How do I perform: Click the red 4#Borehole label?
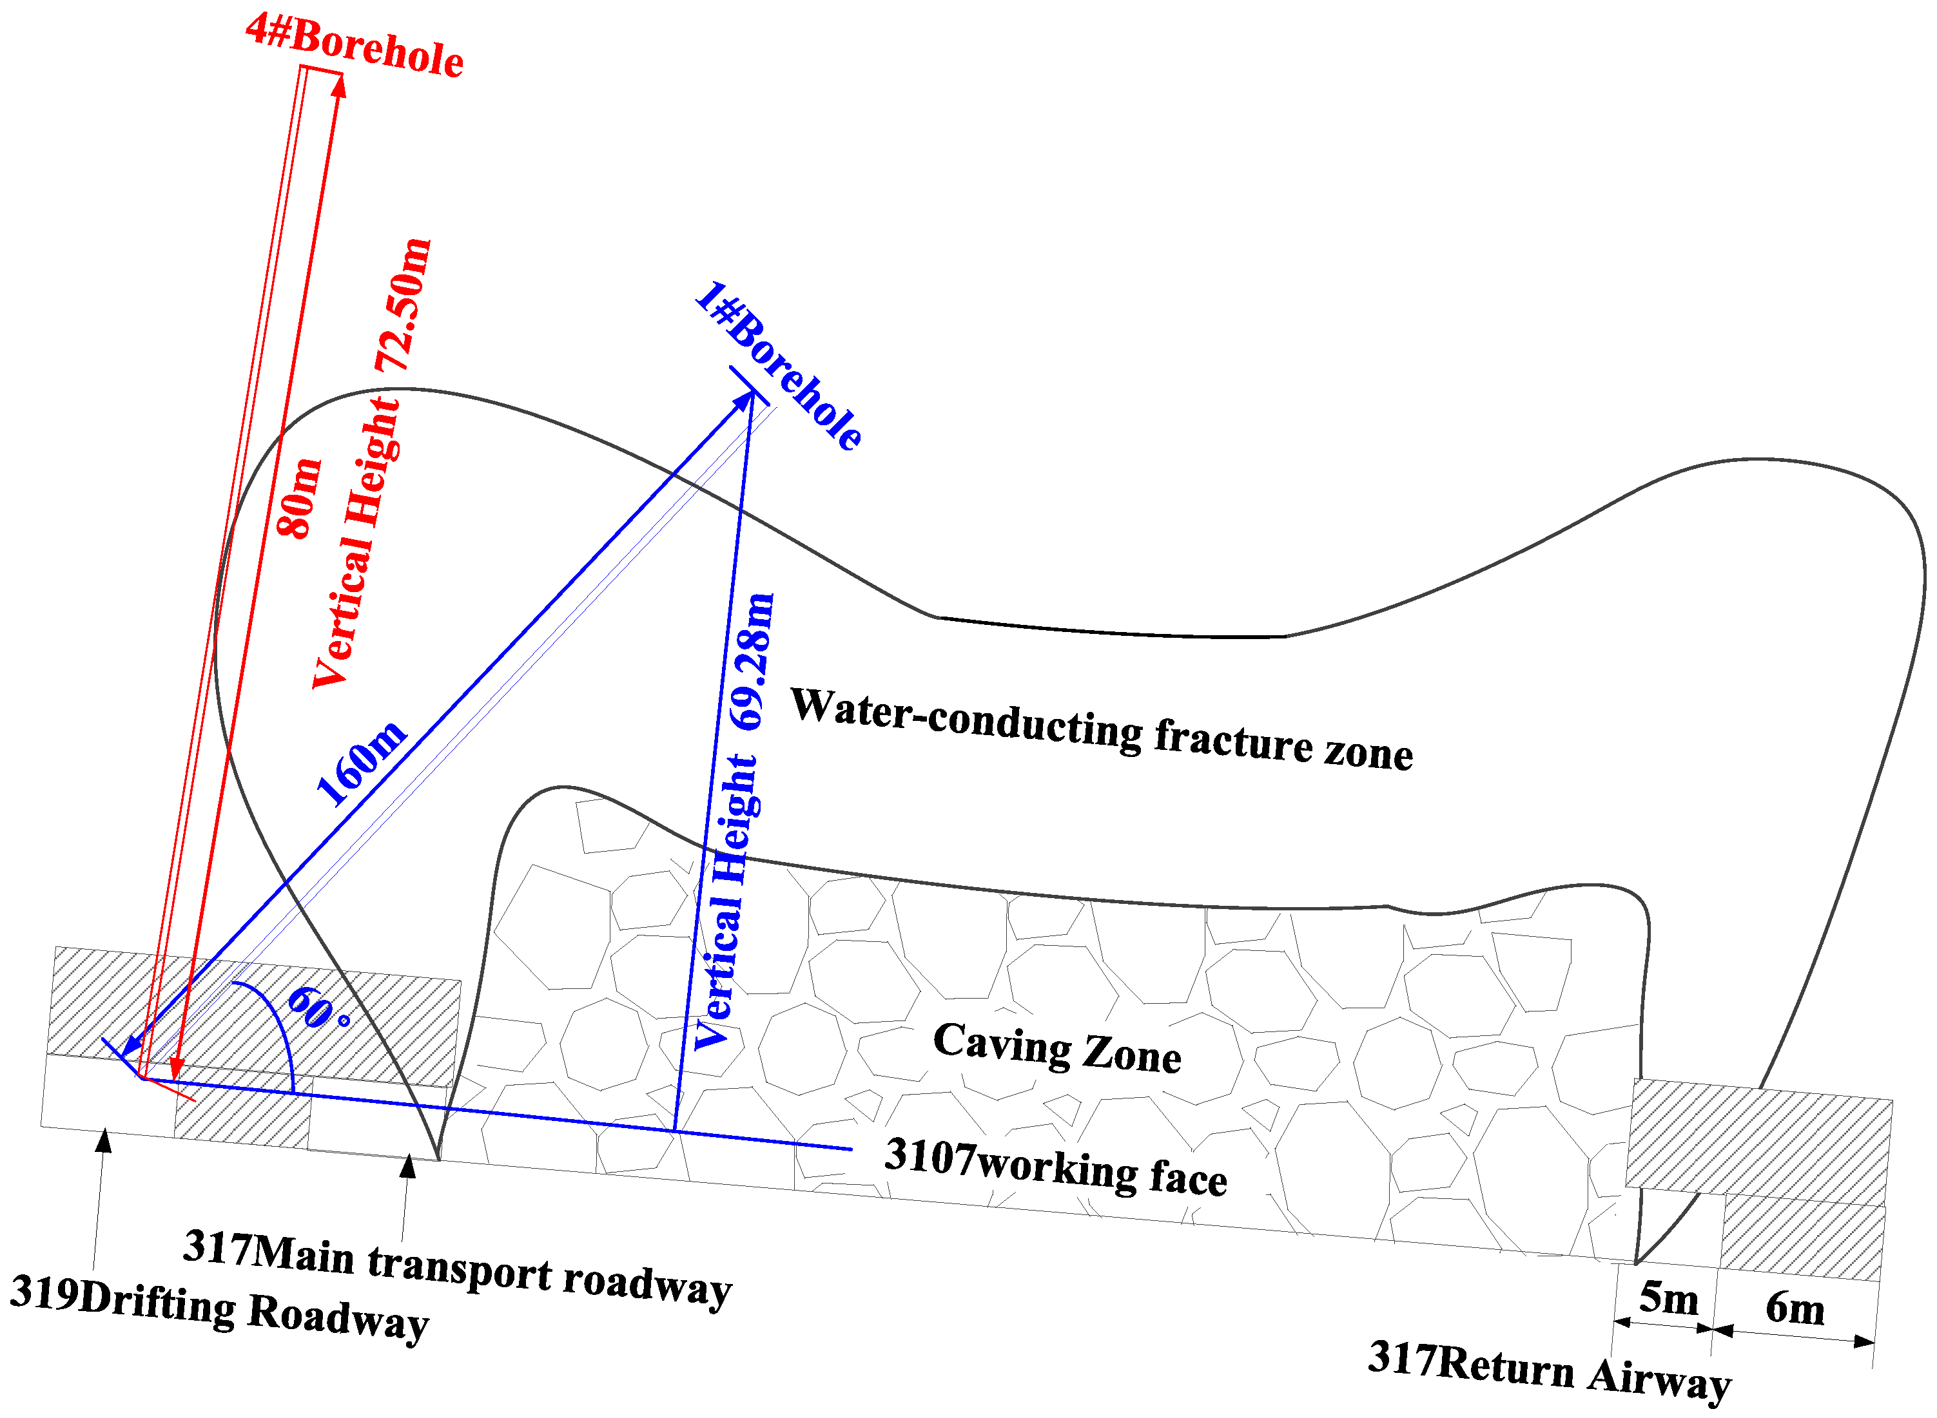point(355,47)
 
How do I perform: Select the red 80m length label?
point(300,498)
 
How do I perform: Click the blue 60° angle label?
point(318,1008)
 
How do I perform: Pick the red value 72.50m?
point(403,305)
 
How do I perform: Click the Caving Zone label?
point(1057,1047)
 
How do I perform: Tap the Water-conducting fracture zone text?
point(1101,729)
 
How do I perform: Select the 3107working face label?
point(1055,1167)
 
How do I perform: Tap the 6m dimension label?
point(1795,1310)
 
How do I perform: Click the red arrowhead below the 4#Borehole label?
point(339,86)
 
